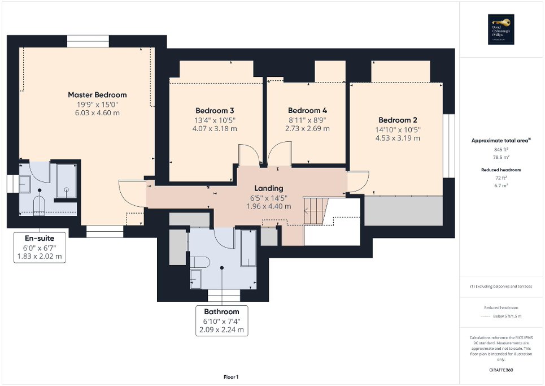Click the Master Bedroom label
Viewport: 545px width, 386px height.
click(x=97, y=95)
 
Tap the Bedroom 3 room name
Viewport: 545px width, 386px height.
click(x=215, y=110)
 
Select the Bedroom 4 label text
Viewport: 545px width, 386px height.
click(x=307, y=110)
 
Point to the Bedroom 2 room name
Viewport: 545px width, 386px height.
click(x=398, y=120)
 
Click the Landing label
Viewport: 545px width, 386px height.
click(x=268, y=188)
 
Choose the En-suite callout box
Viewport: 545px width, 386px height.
click(x=39, y=247)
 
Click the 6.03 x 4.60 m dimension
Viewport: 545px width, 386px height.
click(x=97, y=113)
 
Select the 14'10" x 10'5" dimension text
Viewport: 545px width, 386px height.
click(x=398, y=129)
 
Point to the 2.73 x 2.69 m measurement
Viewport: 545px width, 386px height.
click(x=307, y=128)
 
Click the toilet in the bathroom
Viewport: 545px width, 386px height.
click(x=199, y=261)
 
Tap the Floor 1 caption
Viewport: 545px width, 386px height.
click(x=230, y=377)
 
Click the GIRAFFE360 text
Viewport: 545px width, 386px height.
click(x=502, y=370)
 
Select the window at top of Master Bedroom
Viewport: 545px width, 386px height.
click(x=88, y=42)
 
